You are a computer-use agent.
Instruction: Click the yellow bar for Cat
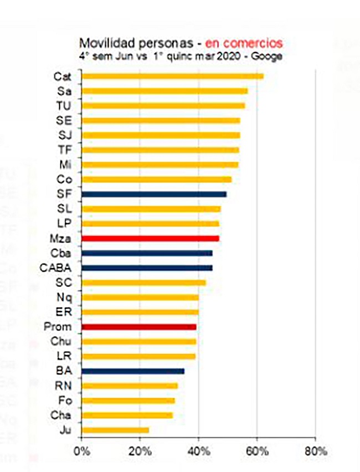point(172,76)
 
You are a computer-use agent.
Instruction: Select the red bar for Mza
point(150,238)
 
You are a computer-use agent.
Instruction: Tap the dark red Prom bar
point(139,327)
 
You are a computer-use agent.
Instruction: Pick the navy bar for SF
point(154,194)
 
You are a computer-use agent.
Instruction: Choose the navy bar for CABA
point(147,268)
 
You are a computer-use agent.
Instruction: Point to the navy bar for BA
point(133,371)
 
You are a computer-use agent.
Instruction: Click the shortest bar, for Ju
point(115,430)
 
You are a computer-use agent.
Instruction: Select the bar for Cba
point(147,253)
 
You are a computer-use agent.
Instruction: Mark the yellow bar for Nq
point(140,297)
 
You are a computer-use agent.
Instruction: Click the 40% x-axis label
point(199,452)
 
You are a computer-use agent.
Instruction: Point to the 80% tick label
point(316,452)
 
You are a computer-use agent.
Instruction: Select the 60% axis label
point(257,452)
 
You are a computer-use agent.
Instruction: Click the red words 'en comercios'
point(244,43)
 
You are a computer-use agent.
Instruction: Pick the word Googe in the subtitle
point(267,57)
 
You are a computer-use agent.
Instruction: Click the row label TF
point(64,150)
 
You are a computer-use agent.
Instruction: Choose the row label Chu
point(61,341)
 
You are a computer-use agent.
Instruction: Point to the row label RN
point(64,386)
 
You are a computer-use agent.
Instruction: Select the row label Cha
point(61,415)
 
